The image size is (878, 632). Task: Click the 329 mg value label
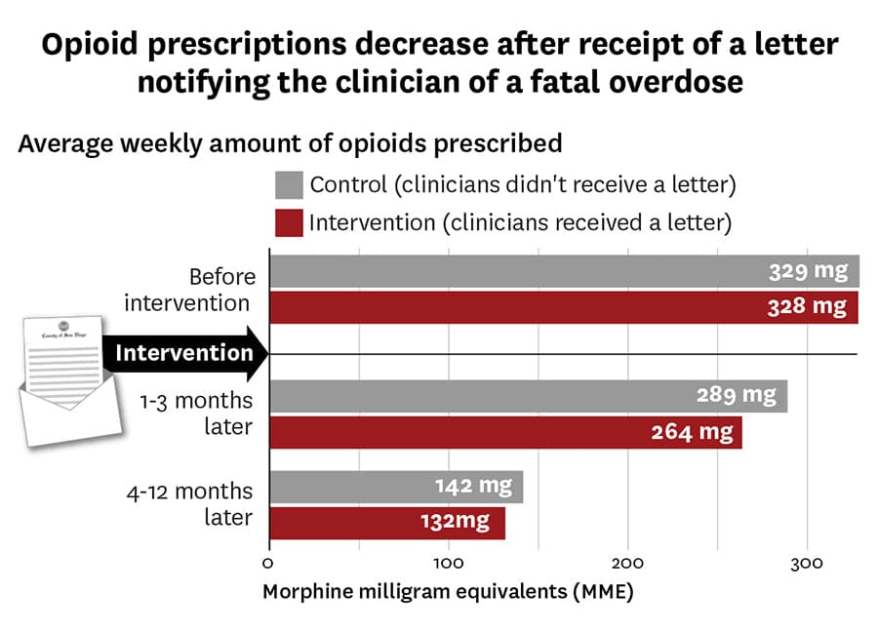point(807,271)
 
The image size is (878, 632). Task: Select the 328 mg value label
point(806,306)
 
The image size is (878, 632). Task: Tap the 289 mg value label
point(737,395)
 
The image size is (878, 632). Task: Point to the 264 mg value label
point(692,432)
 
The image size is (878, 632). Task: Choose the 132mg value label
point(456,521)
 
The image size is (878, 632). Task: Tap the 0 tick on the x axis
point(269,563)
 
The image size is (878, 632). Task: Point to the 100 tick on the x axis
point(449,563)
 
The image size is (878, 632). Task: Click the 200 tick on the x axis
point(628,563)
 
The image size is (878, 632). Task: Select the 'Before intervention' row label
point(188,290)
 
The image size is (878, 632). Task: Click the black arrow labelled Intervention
point(185,353)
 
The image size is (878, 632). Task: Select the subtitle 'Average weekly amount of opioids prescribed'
point(291,143)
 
